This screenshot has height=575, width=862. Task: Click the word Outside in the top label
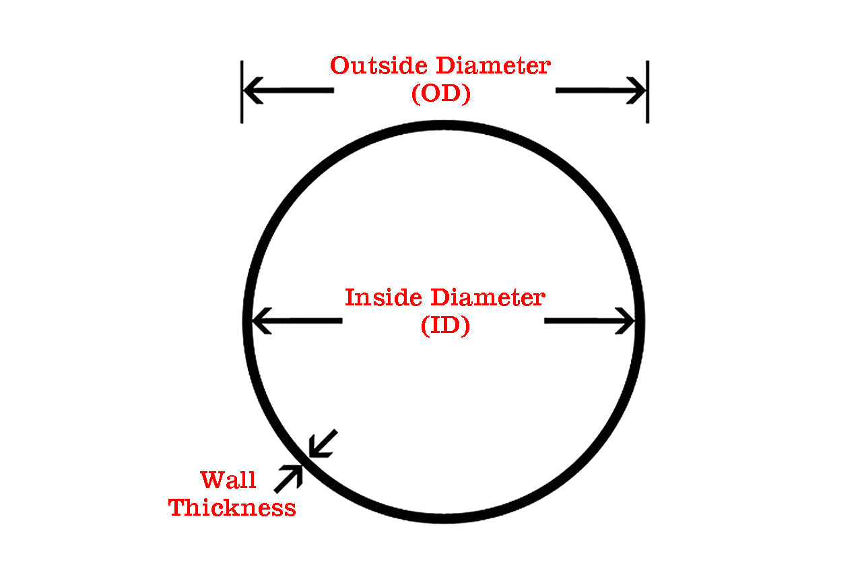[x=379, y=66]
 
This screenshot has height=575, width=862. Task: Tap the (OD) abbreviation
[x=440, y=94]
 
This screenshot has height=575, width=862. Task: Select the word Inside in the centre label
[x=384, y=297]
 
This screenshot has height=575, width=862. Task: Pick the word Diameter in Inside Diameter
[x=488, y=297]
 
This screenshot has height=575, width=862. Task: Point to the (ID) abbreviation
[x=445, y=326]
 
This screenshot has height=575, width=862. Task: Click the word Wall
[x=228, y=480]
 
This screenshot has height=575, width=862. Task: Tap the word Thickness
[x=232, y=508]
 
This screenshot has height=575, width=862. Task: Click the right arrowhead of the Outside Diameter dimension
[x=638, y=90]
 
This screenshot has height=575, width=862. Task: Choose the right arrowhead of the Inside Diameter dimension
[x=628, y=321]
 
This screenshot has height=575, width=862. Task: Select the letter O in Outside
[x=340, y=66]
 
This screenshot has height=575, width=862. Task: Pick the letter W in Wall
[x=211, y=480]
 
